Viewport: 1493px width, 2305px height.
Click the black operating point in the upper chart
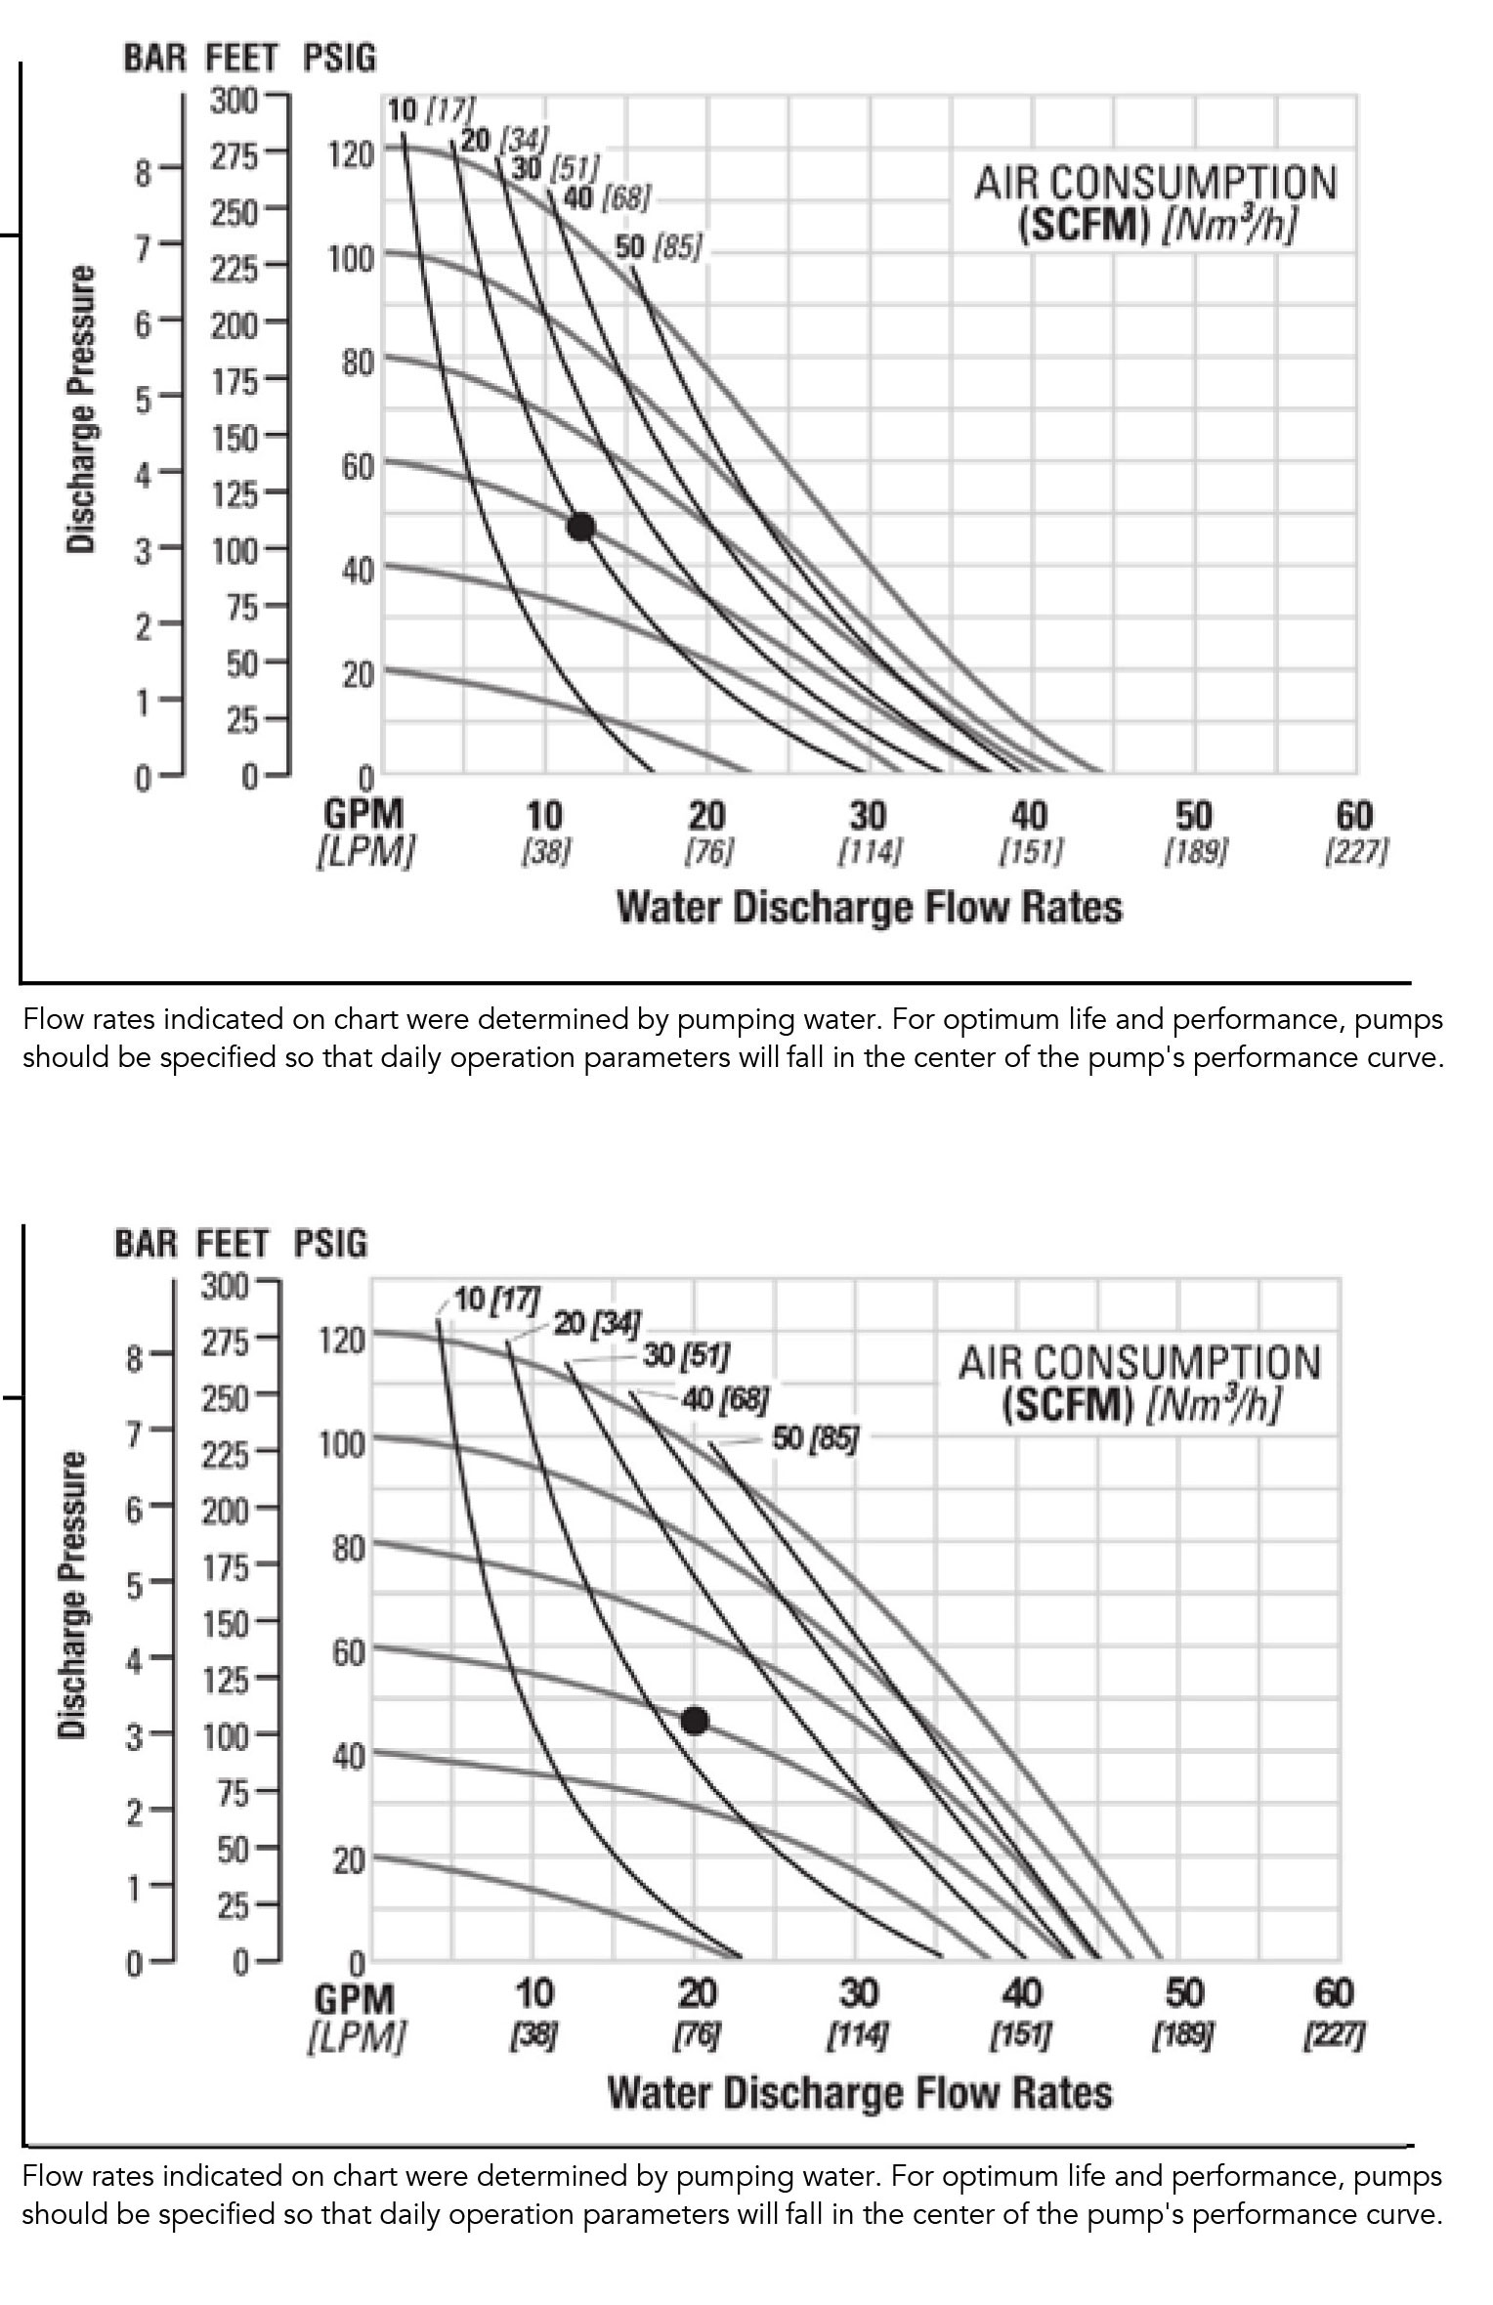[x=580, y=528]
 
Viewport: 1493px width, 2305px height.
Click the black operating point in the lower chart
[x=695, y=1721]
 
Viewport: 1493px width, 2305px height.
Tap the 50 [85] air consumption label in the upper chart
[x=659, y=248]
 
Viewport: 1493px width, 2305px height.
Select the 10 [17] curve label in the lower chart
[x=497, y=1300]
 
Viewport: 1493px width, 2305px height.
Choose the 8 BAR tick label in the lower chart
[x=135, y=1358]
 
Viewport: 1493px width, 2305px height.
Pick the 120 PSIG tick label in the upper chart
[x=351, y=154]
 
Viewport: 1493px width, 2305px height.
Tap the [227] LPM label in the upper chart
[x=1355, y=852]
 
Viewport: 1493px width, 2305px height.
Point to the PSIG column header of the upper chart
[x=339, y=59]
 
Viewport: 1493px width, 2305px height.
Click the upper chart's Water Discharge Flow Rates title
[x=870, y=908]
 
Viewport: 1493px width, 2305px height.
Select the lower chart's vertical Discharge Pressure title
[x=73, y=1596]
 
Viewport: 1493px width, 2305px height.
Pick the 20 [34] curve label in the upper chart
[x=504, y=140]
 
